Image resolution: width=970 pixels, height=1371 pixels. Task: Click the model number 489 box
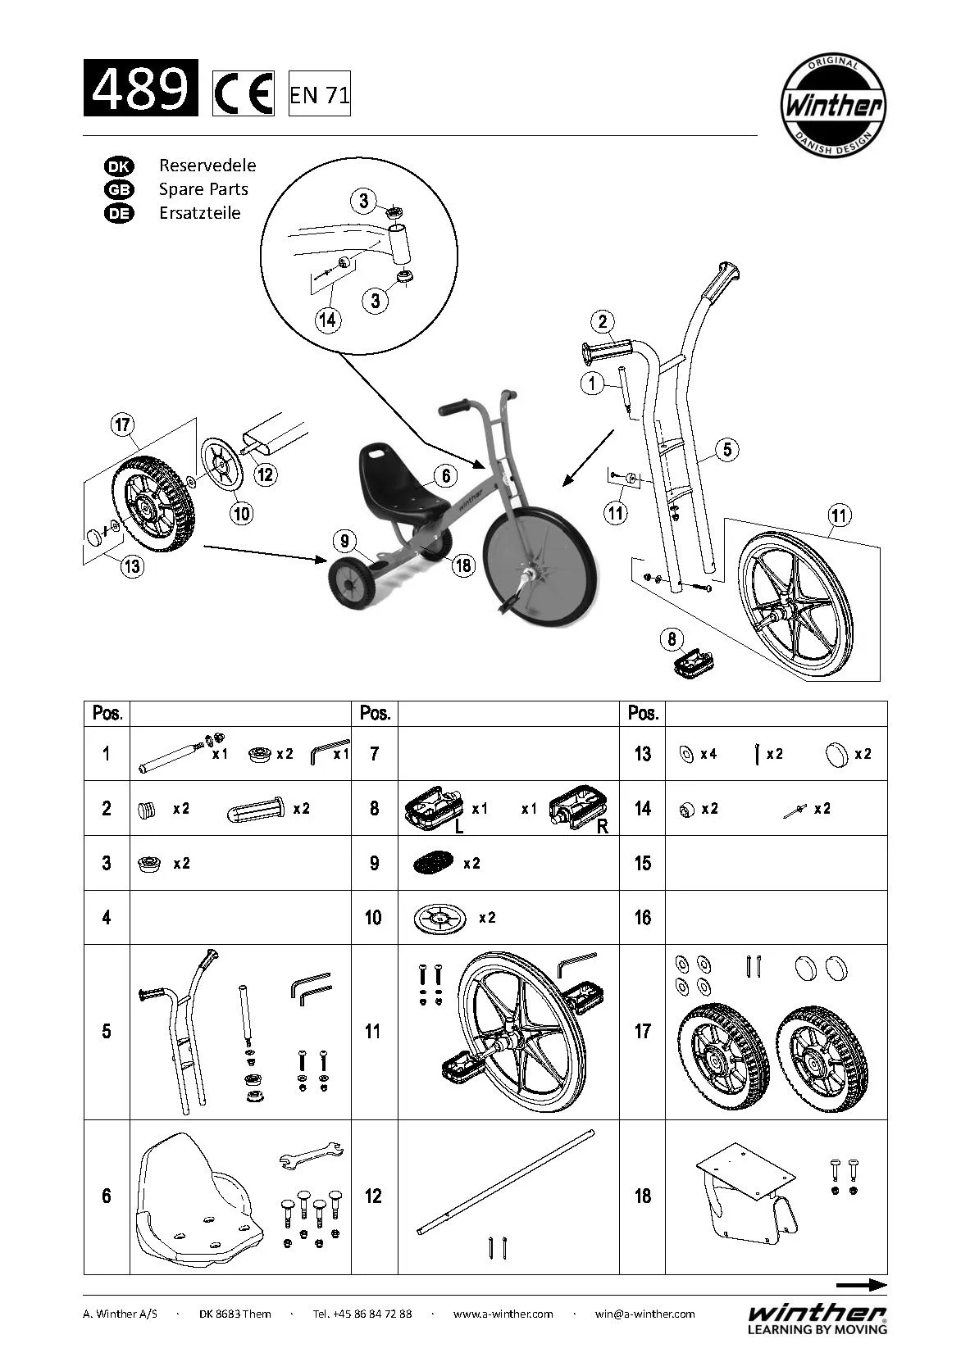tap(140, 88)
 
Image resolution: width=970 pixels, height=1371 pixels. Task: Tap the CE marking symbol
tap(243, 94)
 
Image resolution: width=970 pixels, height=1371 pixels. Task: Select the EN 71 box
tap(319, 95)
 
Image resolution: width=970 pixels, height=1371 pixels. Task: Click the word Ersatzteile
tap(199, 213)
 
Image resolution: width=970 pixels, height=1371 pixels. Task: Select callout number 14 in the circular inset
tap(327, 319)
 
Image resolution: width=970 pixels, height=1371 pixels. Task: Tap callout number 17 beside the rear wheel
tap(122, 425)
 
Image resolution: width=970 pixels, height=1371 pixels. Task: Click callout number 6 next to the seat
tap(445, 475)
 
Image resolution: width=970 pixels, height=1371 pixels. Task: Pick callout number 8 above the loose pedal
tap(672, 639)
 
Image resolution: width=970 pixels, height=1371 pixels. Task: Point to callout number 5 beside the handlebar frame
tap(726, 449)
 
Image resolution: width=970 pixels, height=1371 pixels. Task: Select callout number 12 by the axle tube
tap(265, 474)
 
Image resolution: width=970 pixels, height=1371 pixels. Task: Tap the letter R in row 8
tap(603, 827)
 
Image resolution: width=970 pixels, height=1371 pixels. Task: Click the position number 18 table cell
tap(642, 1196)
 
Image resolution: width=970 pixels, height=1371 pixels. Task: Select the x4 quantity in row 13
tap(708, 754)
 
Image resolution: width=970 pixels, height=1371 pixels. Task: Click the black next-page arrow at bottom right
tap(861, 1285)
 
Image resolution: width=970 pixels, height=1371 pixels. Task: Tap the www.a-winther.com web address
tap(503, 1314)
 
